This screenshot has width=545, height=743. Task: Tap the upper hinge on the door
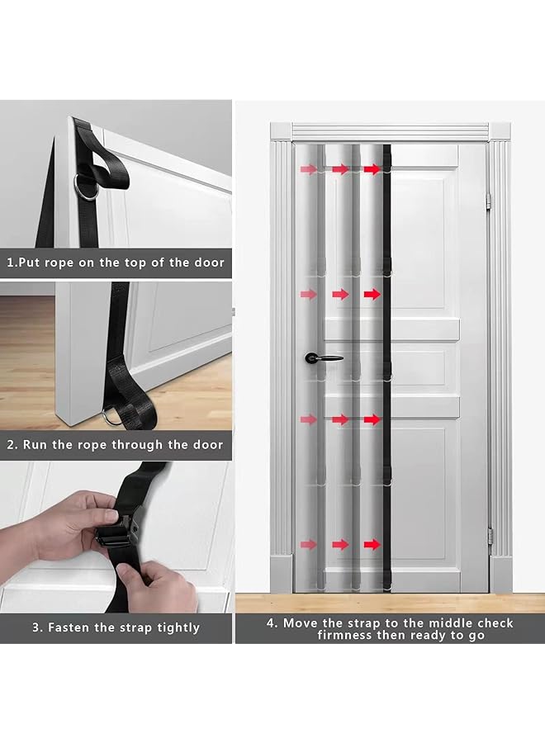(x=489, y=201)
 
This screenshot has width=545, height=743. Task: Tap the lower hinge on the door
(x=490, y=537)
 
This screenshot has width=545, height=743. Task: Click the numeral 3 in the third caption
(x=36, y=627)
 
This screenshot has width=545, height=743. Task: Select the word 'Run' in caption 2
(x=35, y=445)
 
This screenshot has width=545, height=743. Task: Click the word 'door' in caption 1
(x=210, y=263)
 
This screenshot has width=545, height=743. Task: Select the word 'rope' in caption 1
(x=59, y=263)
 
